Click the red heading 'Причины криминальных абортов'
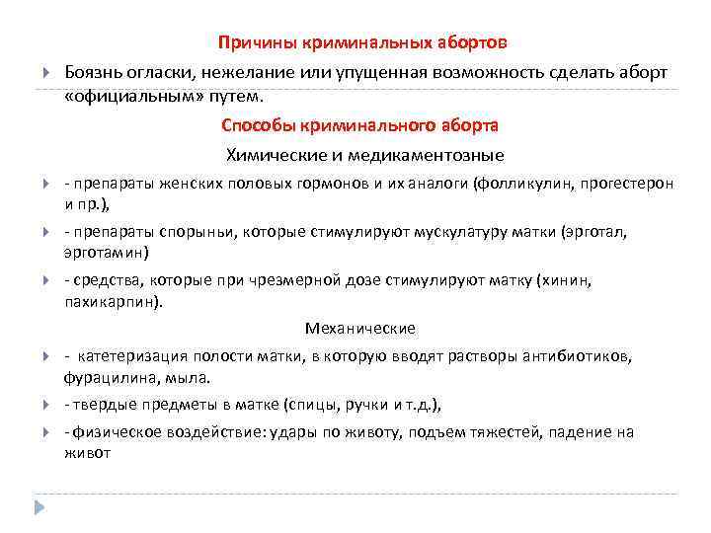(x=364, y=43)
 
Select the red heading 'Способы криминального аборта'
(x=359, y=126)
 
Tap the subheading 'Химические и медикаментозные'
(x=364, y=155)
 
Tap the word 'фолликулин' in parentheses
(x=542, y=184)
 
